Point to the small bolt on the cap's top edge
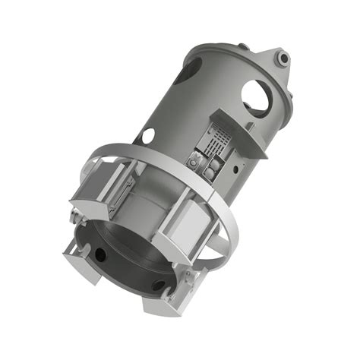coord(243,46)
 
